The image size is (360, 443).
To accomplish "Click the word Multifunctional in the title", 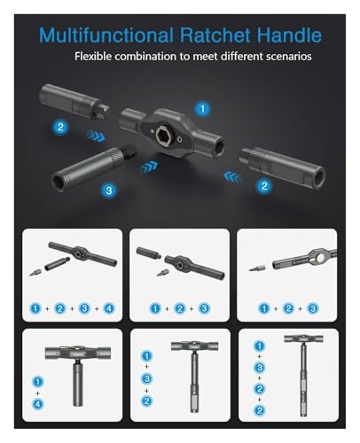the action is point(106,35).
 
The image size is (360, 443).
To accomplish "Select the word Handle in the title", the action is point(289,35).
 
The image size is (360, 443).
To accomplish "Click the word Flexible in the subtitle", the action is point(93,56).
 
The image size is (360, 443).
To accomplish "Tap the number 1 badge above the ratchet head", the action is point(202,109).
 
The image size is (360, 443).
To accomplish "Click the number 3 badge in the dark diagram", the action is point(109,190).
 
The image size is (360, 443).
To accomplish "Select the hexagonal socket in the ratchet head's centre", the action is point(161,136).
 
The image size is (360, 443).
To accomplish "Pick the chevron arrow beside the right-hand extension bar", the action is point(232,177).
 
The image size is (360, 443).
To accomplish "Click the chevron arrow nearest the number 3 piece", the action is point(149,167).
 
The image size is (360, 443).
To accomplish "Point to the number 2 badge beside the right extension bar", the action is point(264,186).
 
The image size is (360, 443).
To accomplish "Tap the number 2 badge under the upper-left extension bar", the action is point(60,127).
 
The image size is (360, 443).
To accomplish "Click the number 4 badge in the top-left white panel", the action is point(109,308).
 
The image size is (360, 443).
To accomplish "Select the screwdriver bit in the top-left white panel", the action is point(35,272).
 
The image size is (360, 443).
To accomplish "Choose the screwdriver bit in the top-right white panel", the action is point(256,268).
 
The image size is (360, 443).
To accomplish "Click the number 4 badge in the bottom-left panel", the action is point(38,404).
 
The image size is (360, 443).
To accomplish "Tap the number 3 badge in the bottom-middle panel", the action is point(147,378).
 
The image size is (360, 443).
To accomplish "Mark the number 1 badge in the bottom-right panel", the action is point(259,346).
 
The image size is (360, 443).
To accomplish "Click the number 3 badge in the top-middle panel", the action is point(204,308).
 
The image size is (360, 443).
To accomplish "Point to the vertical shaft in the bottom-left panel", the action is point(78,383).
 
